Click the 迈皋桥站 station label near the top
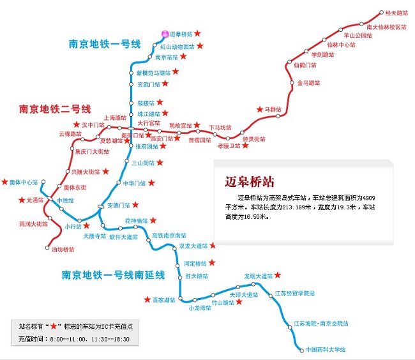[x=182, y=34]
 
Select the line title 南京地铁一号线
[x=105, y=44]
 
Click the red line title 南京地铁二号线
[x=56, y=109]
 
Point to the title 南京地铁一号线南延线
[x=114, y=275]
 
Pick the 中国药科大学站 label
[x=326, y=350]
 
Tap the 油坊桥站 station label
[x=63, y=250]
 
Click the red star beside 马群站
[x=259, y=109]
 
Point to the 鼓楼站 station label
[x=146, y=103]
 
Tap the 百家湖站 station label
[x=164, y=299]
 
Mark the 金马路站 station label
[x=309, y=83]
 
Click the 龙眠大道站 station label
[x=258, y=276]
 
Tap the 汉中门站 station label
[x=93, y=125]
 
